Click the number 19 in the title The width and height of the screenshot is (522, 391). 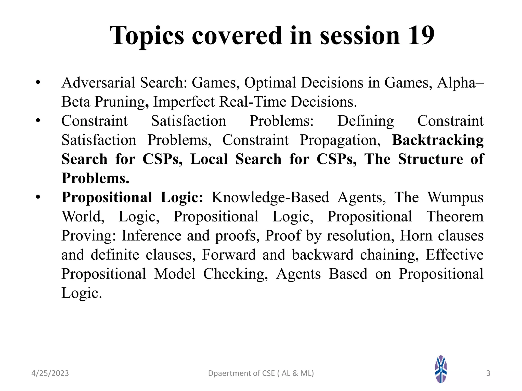pos(421,36)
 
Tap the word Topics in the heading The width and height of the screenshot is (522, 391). pos(147,36)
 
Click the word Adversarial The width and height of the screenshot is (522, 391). pos(98,83)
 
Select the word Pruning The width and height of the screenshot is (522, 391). pos(122,102)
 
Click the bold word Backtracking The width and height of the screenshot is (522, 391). pos(438,140)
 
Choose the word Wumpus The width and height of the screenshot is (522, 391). pos(455,197)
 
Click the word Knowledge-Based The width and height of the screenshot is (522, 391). pos(270,197)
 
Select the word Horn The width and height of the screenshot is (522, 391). pos(416,235)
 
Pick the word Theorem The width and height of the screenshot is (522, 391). pos(455,216)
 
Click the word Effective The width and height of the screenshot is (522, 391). pos(454,255)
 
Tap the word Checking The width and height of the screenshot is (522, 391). pos(235,274)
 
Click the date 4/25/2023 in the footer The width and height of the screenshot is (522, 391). pos(50,373)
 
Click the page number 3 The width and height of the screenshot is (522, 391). pos(488,373)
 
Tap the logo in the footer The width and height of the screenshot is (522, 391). pos(441,369)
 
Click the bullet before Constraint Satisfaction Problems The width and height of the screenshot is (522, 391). pos(38,121)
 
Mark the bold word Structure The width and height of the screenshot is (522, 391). pos(430,159)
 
